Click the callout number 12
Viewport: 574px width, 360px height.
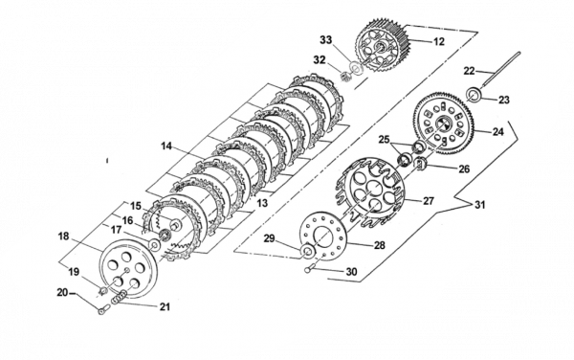(438, 42)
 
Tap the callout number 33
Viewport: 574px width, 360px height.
(326, 40)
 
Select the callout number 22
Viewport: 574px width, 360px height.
(470, 71)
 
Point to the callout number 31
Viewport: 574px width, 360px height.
(480, 205)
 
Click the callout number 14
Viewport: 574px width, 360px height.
(166, 146)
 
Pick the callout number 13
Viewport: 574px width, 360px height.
(262, 203)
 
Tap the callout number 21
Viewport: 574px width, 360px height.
(165, 306)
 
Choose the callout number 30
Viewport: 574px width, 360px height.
(351, 271)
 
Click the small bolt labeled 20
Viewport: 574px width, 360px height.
(103, 309)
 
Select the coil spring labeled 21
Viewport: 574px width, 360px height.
(119, 297)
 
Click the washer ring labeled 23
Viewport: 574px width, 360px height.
(475, 93)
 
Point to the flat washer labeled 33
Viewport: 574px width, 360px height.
(354, 67)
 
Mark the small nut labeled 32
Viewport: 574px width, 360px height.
(343, 77)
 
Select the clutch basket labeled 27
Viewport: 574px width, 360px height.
(371, 193)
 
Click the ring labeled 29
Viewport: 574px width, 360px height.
(307, 251)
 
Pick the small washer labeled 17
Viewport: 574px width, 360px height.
(154, 244)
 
